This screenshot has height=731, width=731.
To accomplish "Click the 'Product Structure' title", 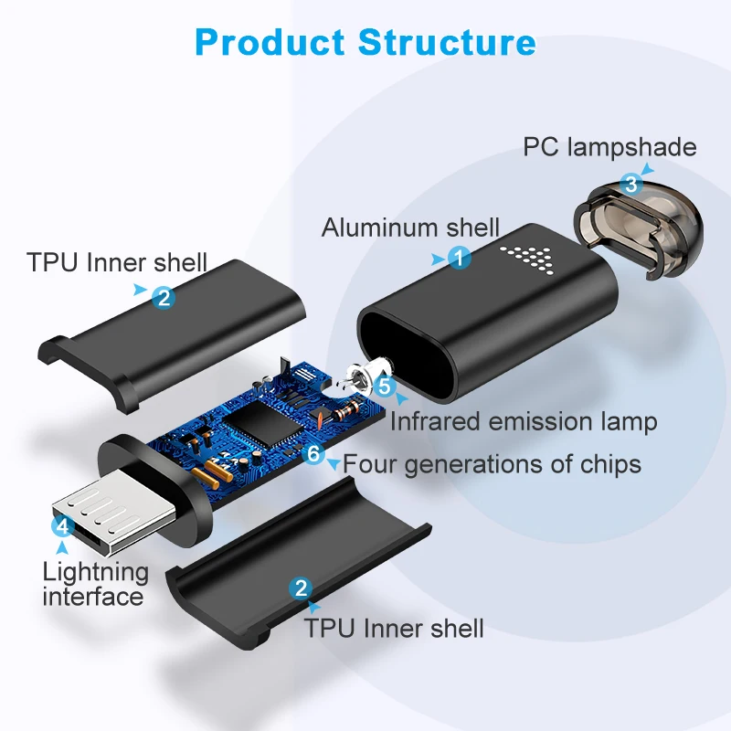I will click(x=365, y=42).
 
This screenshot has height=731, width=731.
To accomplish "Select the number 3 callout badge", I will click(x=630, y=184).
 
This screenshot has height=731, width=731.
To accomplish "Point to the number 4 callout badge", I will click(x=62, y=526).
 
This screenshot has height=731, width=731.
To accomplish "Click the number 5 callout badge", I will click(x=385, y=387).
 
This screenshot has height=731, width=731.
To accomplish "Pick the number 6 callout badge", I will click(x=314, y=452).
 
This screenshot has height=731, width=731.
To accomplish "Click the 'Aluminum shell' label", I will click(x=410, y=228).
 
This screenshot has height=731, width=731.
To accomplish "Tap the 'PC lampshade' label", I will click(x=609, y=147).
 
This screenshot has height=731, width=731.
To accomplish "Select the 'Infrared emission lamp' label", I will click(x=524, y=421).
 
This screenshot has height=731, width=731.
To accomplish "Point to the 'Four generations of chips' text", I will click(x=492, y=463).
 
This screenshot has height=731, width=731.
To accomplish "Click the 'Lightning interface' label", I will click(x=94, y=585).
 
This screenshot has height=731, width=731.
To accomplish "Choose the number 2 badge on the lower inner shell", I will click(x=300, y=588).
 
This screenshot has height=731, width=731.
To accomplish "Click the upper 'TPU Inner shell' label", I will click(x=118, y=264).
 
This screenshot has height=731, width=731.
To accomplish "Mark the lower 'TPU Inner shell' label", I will click(x=394, y=628).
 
